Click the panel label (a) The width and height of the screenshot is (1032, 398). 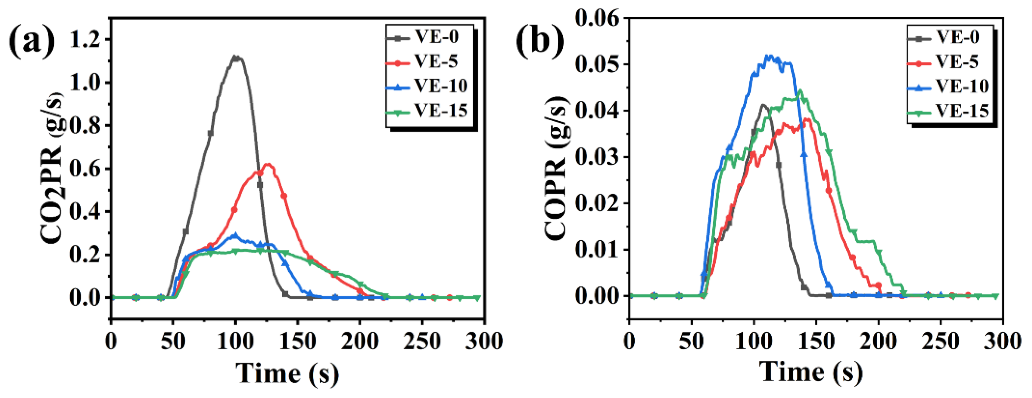(x=32, y=41)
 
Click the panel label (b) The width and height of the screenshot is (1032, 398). (x=540, y=41)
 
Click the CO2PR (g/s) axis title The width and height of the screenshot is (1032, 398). (x=52, y=168)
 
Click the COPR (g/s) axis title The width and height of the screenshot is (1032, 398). (x=557, y=168)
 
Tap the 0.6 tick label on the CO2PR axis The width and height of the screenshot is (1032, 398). (x=85, y=169)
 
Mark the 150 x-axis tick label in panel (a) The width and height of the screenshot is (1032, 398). (x=298, y=342)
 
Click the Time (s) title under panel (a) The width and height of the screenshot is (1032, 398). (x=287, y=374)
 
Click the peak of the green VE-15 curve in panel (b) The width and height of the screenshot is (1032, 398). (x=800, y=90)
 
